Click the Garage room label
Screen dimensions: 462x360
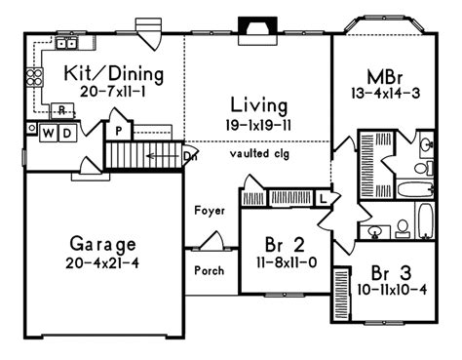tap(102, 245)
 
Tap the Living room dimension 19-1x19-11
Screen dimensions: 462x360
tap(258, 125)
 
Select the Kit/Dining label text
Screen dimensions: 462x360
tap(114, 74)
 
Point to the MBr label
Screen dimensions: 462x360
tap(385, 77)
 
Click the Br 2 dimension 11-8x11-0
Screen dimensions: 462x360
tap(287, 262)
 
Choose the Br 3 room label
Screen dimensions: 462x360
tap(391, 273)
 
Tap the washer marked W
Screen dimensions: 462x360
tap(49, 133)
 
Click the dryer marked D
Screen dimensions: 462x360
tap(67, 133)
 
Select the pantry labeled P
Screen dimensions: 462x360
tap(119, 132)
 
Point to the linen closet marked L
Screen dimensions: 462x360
tap(323, 198)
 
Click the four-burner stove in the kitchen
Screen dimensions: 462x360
tap(34, 77)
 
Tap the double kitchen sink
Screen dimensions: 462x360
tap(66, 43)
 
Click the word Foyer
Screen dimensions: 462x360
tap(210, 211)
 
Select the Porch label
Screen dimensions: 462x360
tap(210, 270)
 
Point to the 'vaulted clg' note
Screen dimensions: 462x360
tap(259, 153)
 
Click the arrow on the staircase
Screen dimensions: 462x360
tap(163, 156)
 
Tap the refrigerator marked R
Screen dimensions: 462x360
tap(62, 110)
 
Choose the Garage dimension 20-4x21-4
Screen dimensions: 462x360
tap(102, 263)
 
